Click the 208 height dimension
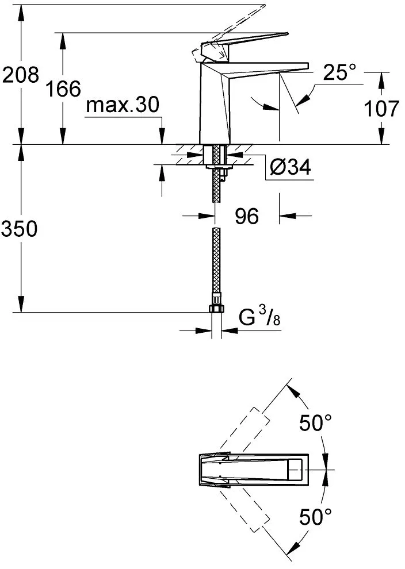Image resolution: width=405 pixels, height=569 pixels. tap(21, 75)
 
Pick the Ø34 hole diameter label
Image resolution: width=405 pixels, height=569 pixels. tap(291, 168)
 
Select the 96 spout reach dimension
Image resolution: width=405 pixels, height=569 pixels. tap(246, 216)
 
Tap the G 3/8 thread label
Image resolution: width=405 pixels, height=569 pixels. tap(259, 317)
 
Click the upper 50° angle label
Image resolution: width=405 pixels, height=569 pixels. tap(316, 424)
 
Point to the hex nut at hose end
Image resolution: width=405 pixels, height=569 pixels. tap(216, 309)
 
